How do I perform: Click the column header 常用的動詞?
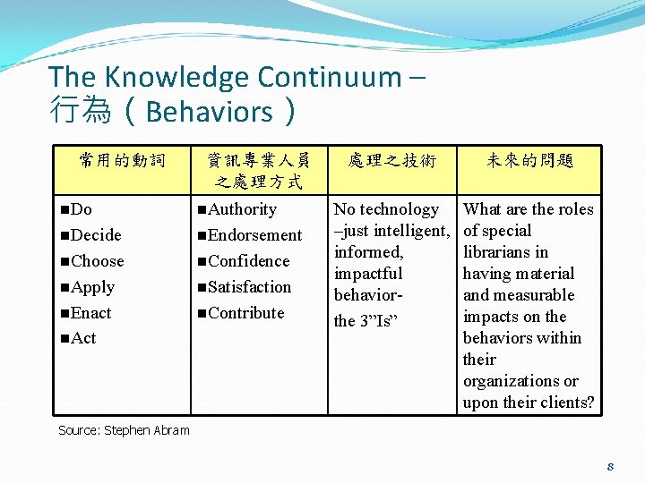click(x=122, y=161)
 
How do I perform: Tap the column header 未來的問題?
click(x=529, y=161)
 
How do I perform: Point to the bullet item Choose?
click(x=97, y=261)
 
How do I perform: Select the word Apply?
click(x=92, y=287)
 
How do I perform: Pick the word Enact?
click(x=90, y=313)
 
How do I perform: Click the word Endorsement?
click(x=254, y=235)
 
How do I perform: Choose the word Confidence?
click(x=248, y=261)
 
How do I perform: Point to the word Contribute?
click(x=245, y=313)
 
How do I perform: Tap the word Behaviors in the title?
click(x=209, y=112)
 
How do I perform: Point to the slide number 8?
click(x=609, y=466)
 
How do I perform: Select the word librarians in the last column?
click(x=505, y=252)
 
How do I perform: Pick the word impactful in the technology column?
click(x=368, y=274)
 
